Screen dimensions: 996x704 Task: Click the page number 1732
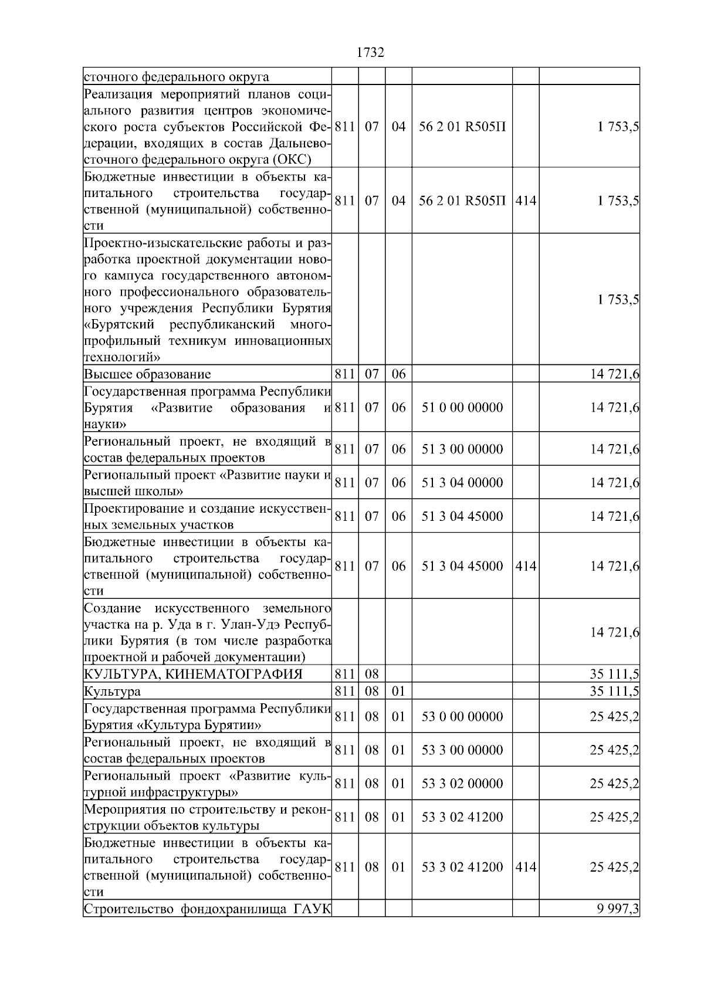point(370,53)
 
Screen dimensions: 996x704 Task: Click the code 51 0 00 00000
point(462,408)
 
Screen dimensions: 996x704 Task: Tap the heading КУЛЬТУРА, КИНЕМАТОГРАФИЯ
point(193,674)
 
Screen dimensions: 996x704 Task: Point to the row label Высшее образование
point(147,374)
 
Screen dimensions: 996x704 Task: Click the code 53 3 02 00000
point(462,784)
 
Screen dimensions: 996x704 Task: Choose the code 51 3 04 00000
point(462,483)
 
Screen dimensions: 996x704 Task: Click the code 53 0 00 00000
point(462,717)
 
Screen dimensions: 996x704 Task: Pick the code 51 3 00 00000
point(462,449)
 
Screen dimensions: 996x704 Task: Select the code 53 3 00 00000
point(462,750)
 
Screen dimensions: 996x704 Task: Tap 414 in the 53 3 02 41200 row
point(525,867)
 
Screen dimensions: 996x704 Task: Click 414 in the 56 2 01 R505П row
point(525,201)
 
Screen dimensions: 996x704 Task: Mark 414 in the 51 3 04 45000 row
point(525,566)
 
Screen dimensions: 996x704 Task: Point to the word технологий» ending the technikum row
point(122,357)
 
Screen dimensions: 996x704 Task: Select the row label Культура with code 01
point(112,692)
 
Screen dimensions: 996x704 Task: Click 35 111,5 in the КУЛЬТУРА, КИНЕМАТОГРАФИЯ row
point(614,674)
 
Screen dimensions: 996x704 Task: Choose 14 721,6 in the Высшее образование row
point(614,374)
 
